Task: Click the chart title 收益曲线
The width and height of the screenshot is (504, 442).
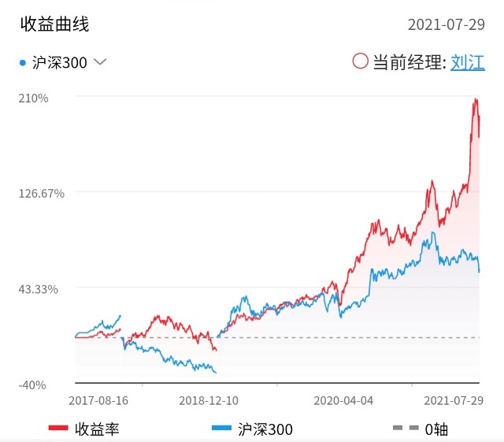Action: pyautogui.click(x=55, y=24)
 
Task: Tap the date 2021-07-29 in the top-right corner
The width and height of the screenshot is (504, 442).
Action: pyautogui.click(x=446, y=24)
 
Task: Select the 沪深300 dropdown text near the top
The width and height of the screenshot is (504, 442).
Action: pyautogui.click(x=60, y=62)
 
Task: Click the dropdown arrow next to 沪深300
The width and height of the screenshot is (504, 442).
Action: pyautogui.click(x=100, y=62)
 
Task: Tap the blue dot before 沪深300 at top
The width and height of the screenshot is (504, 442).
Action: pyautogui.click(x=22, y=62)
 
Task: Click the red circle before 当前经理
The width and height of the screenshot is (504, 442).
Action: pyautogui.click(x=361, y=61)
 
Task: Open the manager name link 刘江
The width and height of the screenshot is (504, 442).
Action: pyautogui.click(x=468, y=62)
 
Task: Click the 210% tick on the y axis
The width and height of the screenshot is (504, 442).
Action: pyautogui.click(x=35, y=98)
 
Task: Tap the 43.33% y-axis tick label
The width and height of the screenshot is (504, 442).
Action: pyautogui.click(x=39, y=289)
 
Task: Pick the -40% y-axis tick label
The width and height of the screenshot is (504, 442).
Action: pyautogui.click(x=33, y=384)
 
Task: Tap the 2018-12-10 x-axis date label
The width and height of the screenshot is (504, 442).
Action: pyautogui.click(x=208, y=400)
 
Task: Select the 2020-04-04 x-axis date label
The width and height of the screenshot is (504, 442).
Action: pyautogui.click(x=343, y=400)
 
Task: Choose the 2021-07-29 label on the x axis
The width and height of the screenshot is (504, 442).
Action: pyautogui.click(x=454, y=400)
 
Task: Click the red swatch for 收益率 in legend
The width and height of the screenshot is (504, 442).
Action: pyautogui.click(x=58, y=429)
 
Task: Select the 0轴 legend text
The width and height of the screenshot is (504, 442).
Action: pyautogui.click(x=437, y=429)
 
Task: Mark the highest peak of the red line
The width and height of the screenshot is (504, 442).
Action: pyautogui.click(x=476, y=98)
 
